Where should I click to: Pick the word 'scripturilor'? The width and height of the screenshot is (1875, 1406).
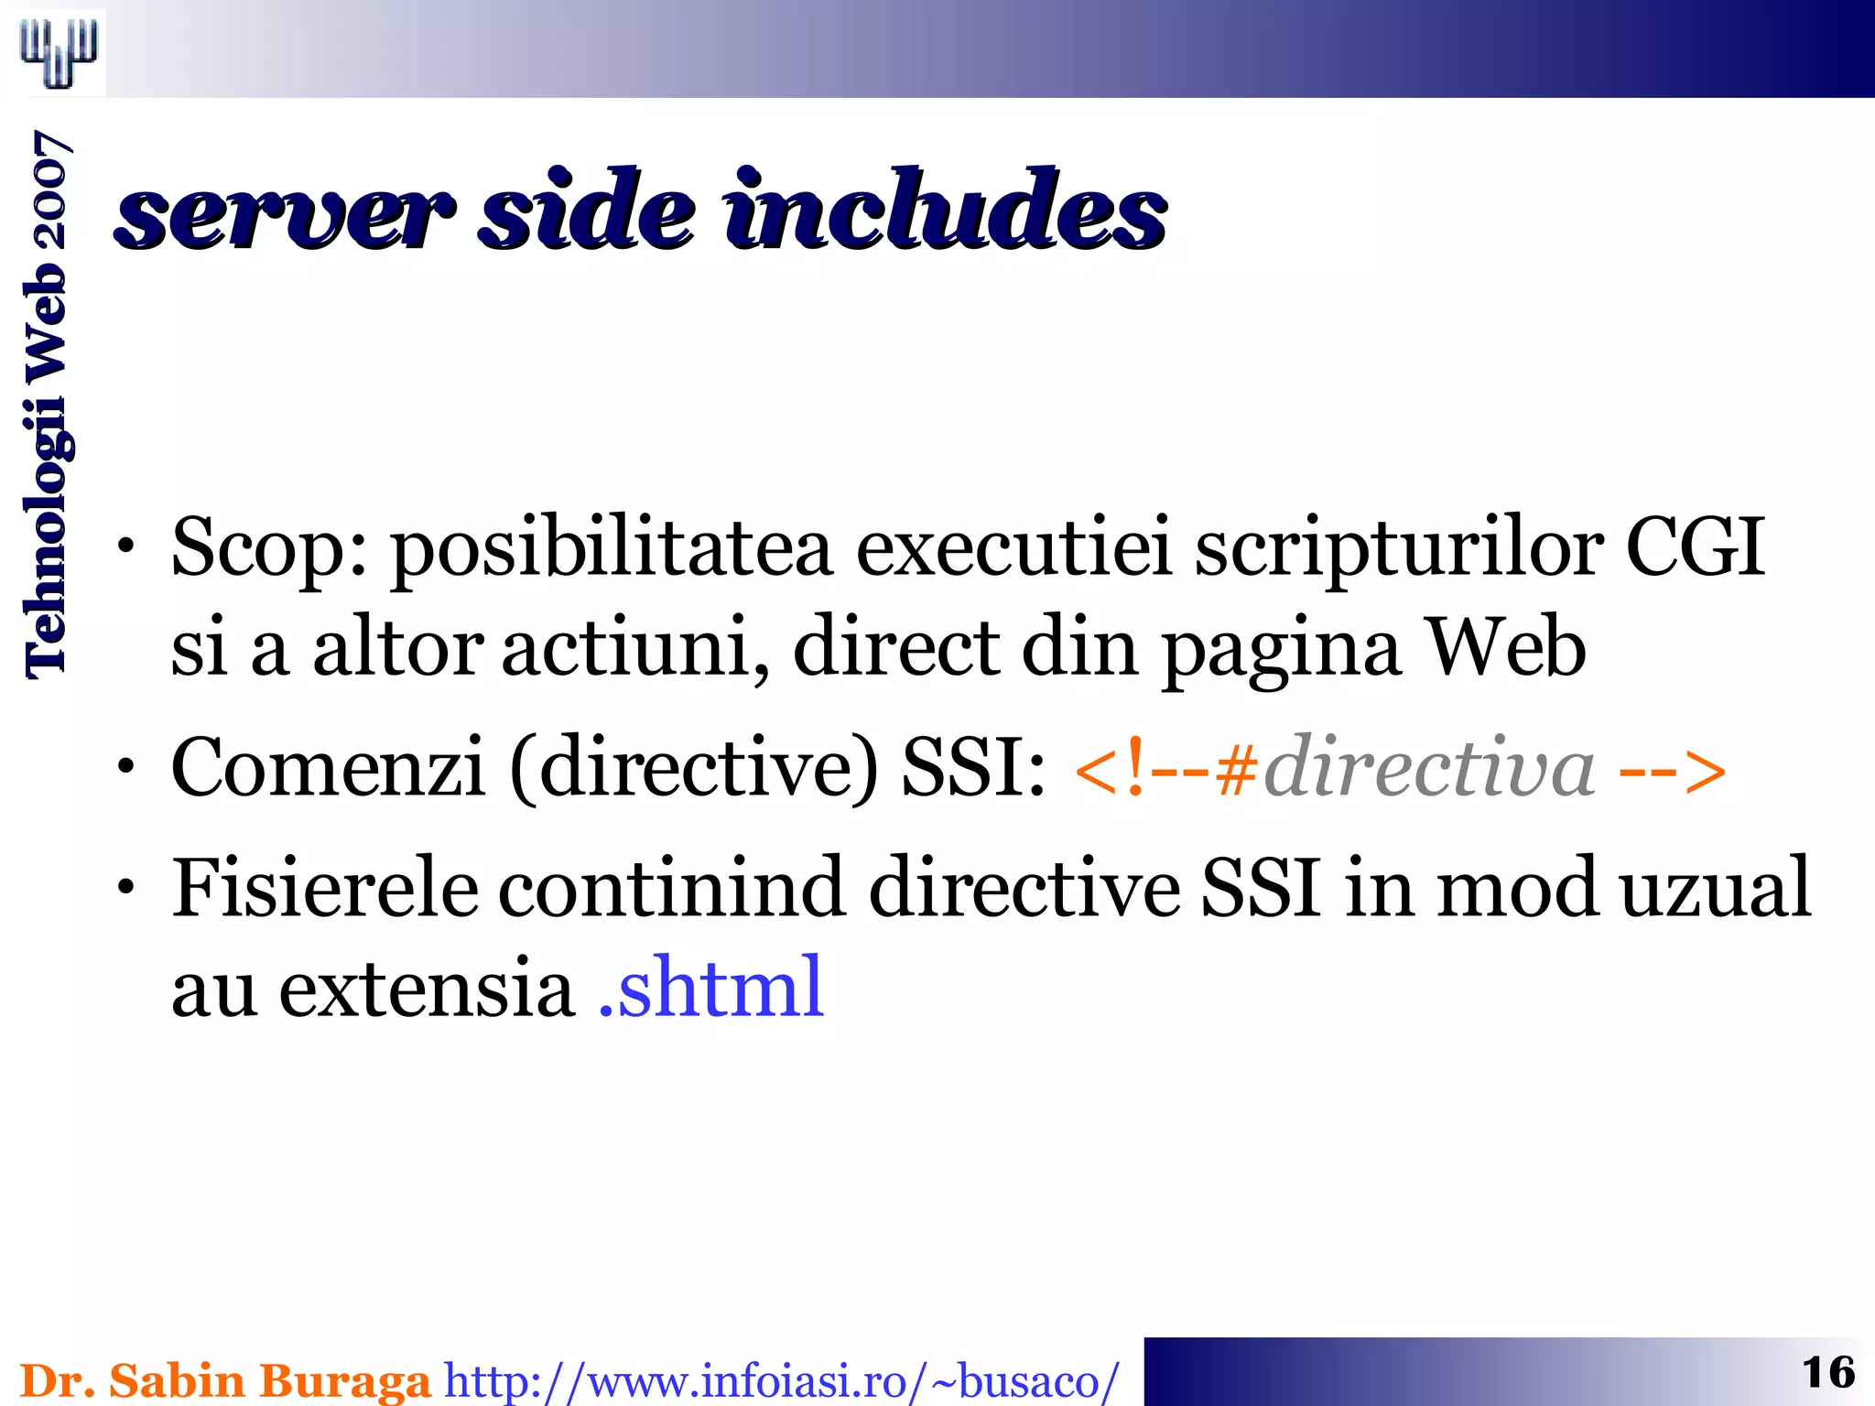click(x=1398, y=550)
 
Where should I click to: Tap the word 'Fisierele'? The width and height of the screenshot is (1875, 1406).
click(x=325, y=887)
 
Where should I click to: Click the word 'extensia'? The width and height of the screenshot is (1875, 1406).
click(x=426, y=989)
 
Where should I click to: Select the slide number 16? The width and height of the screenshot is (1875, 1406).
click(x=1828, y=1372)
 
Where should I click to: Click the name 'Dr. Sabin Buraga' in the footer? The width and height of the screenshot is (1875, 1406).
click(x=225, y=1380)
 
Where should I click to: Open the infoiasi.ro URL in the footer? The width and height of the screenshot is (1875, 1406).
click(x=781, y=1381)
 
